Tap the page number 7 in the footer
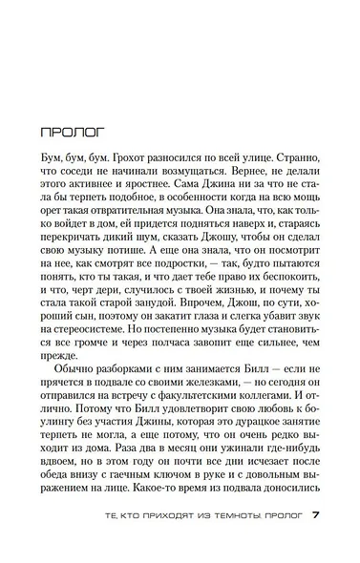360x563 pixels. pos(315,540)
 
